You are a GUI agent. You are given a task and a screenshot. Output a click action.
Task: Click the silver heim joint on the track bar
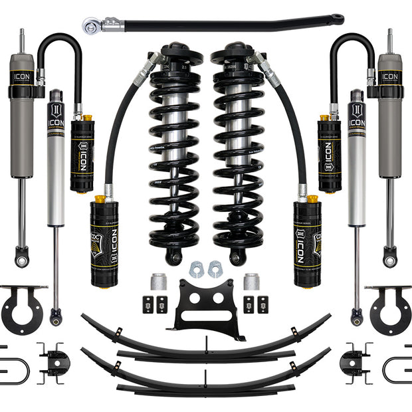pos(91,26)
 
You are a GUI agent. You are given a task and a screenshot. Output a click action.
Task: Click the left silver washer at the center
pos(197,269)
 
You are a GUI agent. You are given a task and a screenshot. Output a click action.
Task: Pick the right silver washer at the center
pos(214,269)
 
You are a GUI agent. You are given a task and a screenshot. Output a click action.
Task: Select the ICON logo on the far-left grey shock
pos(22,78)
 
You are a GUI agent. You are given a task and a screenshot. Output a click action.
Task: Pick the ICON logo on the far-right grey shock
pos(389,78)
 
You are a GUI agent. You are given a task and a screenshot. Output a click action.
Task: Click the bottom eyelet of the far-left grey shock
pos(22,256)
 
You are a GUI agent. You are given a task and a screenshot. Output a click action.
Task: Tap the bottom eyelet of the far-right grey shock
pos(389,256)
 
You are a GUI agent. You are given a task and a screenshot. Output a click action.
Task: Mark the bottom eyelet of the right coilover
pos(237,256)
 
